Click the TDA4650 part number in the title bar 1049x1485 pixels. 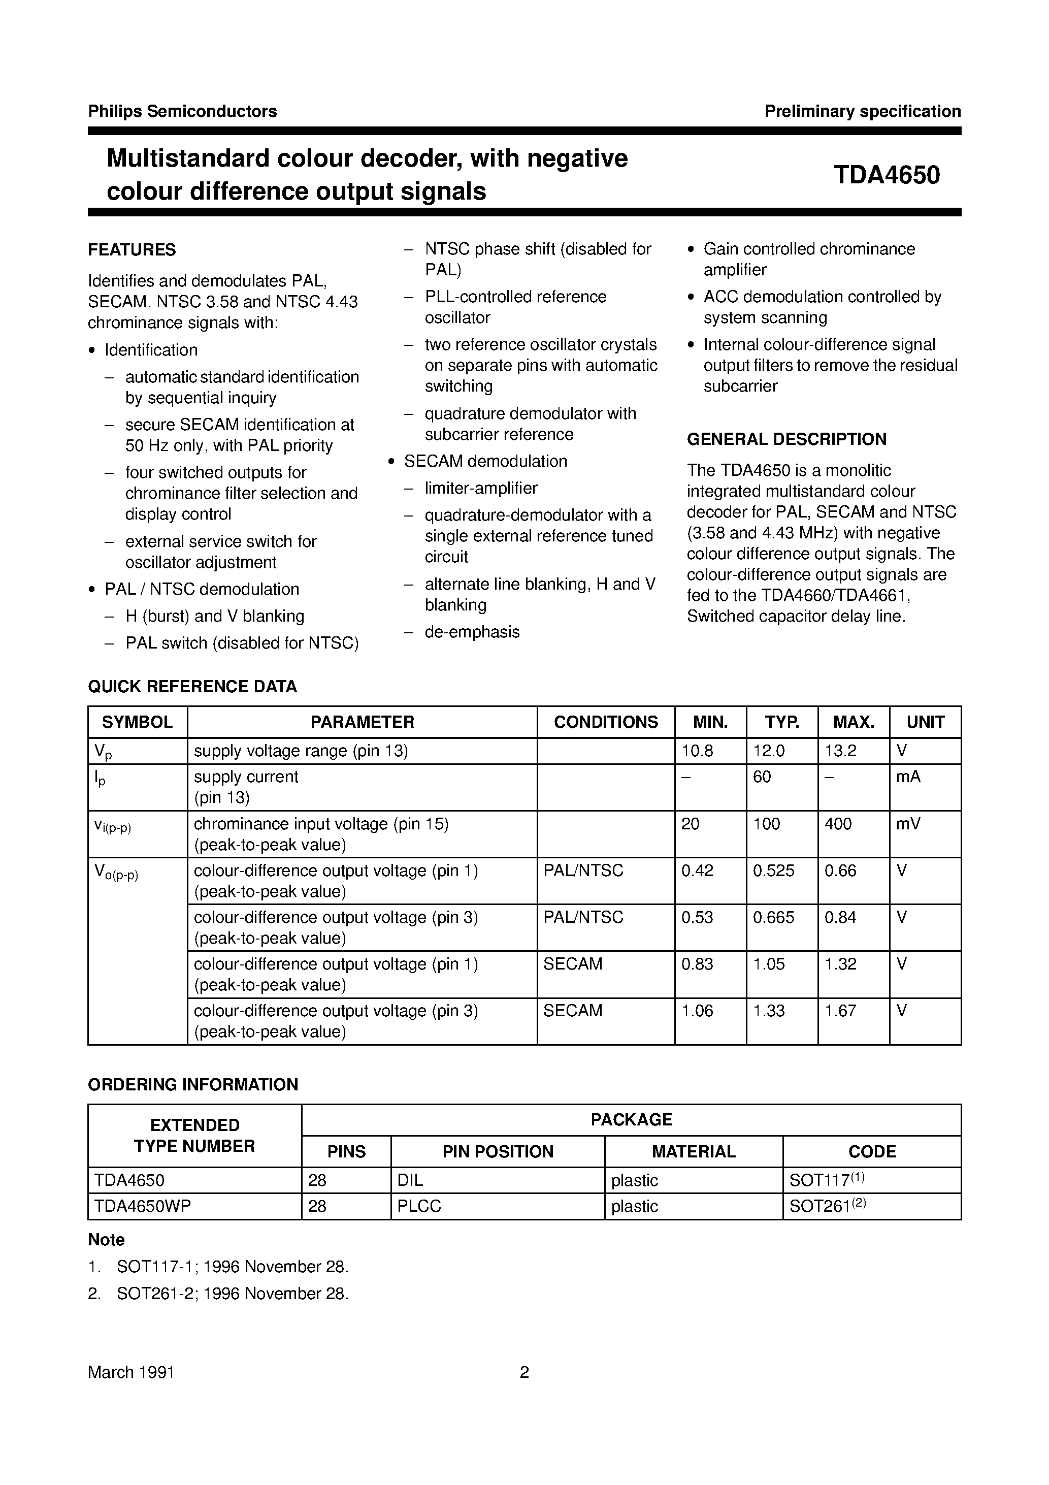pos(886,175)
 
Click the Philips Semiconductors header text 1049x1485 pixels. pos(182,111)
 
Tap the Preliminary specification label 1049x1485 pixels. pos(862,111)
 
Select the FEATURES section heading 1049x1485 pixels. pos(132,250)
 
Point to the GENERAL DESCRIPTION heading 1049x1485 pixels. pos(786,439)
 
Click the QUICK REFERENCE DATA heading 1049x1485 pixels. pos(192,686)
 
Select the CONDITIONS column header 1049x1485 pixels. pos(605,722)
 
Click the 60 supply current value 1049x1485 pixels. pos(762,777)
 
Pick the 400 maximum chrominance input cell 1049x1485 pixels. pos(838,824)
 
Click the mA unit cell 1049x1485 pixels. pos(908,777)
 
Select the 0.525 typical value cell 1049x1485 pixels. pos(773,870)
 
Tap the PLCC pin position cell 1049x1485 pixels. pos(419,1206)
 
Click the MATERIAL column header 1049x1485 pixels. pos(693,1151)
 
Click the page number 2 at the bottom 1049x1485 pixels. pos(524,1372)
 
